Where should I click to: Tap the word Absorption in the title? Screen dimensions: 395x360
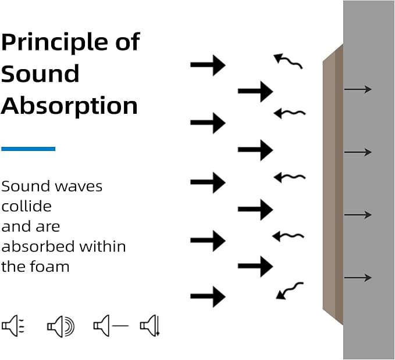69,106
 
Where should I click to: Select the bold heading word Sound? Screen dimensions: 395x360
40,74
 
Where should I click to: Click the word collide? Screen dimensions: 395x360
26,206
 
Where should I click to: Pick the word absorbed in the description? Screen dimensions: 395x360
38,247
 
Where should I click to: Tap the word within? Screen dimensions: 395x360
102,247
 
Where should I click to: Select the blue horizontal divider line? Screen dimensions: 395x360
28,149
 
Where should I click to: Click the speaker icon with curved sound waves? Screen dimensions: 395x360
61,326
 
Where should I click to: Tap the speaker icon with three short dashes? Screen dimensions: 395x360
13,326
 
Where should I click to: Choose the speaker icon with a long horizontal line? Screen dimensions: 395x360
111,326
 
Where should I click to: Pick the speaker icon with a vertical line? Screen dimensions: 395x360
150,326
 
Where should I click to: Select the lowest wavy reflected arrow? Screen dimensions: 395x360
289,291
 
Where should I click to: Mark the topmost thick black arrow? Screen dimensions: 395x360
208,65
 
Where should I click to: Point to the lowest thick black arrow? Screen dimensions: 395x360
208,297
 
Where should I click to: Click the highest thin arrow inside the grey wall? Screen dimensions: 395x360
358,89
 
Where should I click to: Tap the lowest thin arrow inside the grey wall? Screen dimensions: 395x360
358,278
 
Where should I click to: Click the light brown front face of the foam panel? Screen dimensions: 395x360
329,186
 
